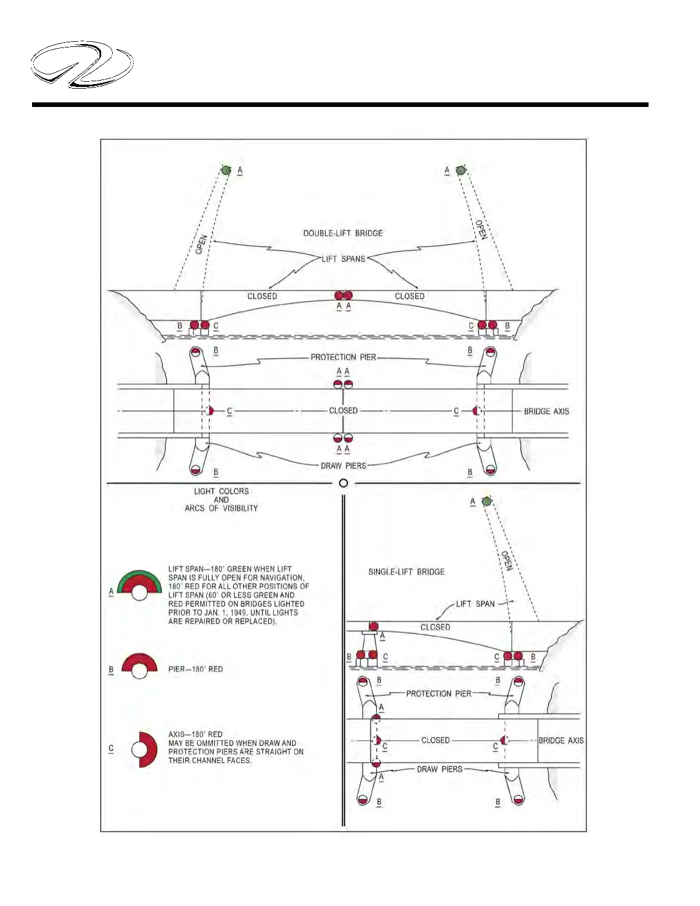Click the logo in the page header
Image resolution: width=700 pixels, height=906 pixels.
82,64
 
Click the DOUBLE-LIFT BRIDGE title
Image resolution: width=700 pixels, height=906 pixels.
343,233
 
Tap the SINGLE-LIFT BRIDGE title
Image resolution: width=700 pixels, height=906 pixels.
406,571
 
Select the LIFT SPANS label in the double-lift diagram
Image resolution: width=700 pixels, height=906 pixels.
343,259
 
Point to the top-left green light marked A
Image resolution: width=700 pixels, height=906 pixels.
226,170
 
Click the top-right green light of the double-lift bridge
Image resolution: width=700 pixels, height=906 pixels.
460,170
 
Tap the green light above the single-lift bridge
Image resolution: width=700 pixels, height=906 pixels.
487,502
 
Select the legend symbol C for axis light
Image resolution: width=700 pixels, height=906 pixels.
144,749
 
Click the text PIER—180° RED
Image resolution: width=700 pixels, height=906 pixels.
196,669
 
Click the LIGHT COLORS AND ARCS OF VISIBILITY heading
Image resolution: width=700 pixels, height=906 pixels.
221,499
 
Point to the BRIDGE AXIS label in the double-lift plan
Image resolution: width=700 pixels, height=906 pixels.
546,411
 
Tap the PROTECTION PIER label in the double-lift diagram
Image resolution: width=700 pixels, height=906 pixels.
343,357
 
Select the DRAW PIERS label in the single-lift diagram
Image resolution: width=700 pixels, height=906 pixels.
439,769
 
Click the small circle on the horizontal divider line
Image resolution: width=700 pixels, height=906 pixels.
343,483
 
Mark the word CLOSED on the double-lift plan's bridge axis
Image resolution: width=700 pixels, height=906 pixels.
343,411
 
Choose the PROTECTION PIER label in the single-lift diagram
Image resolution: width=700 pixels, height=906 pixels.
439,694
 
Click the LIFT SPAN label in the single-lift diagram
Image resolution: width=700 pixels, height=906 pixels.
475,603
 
